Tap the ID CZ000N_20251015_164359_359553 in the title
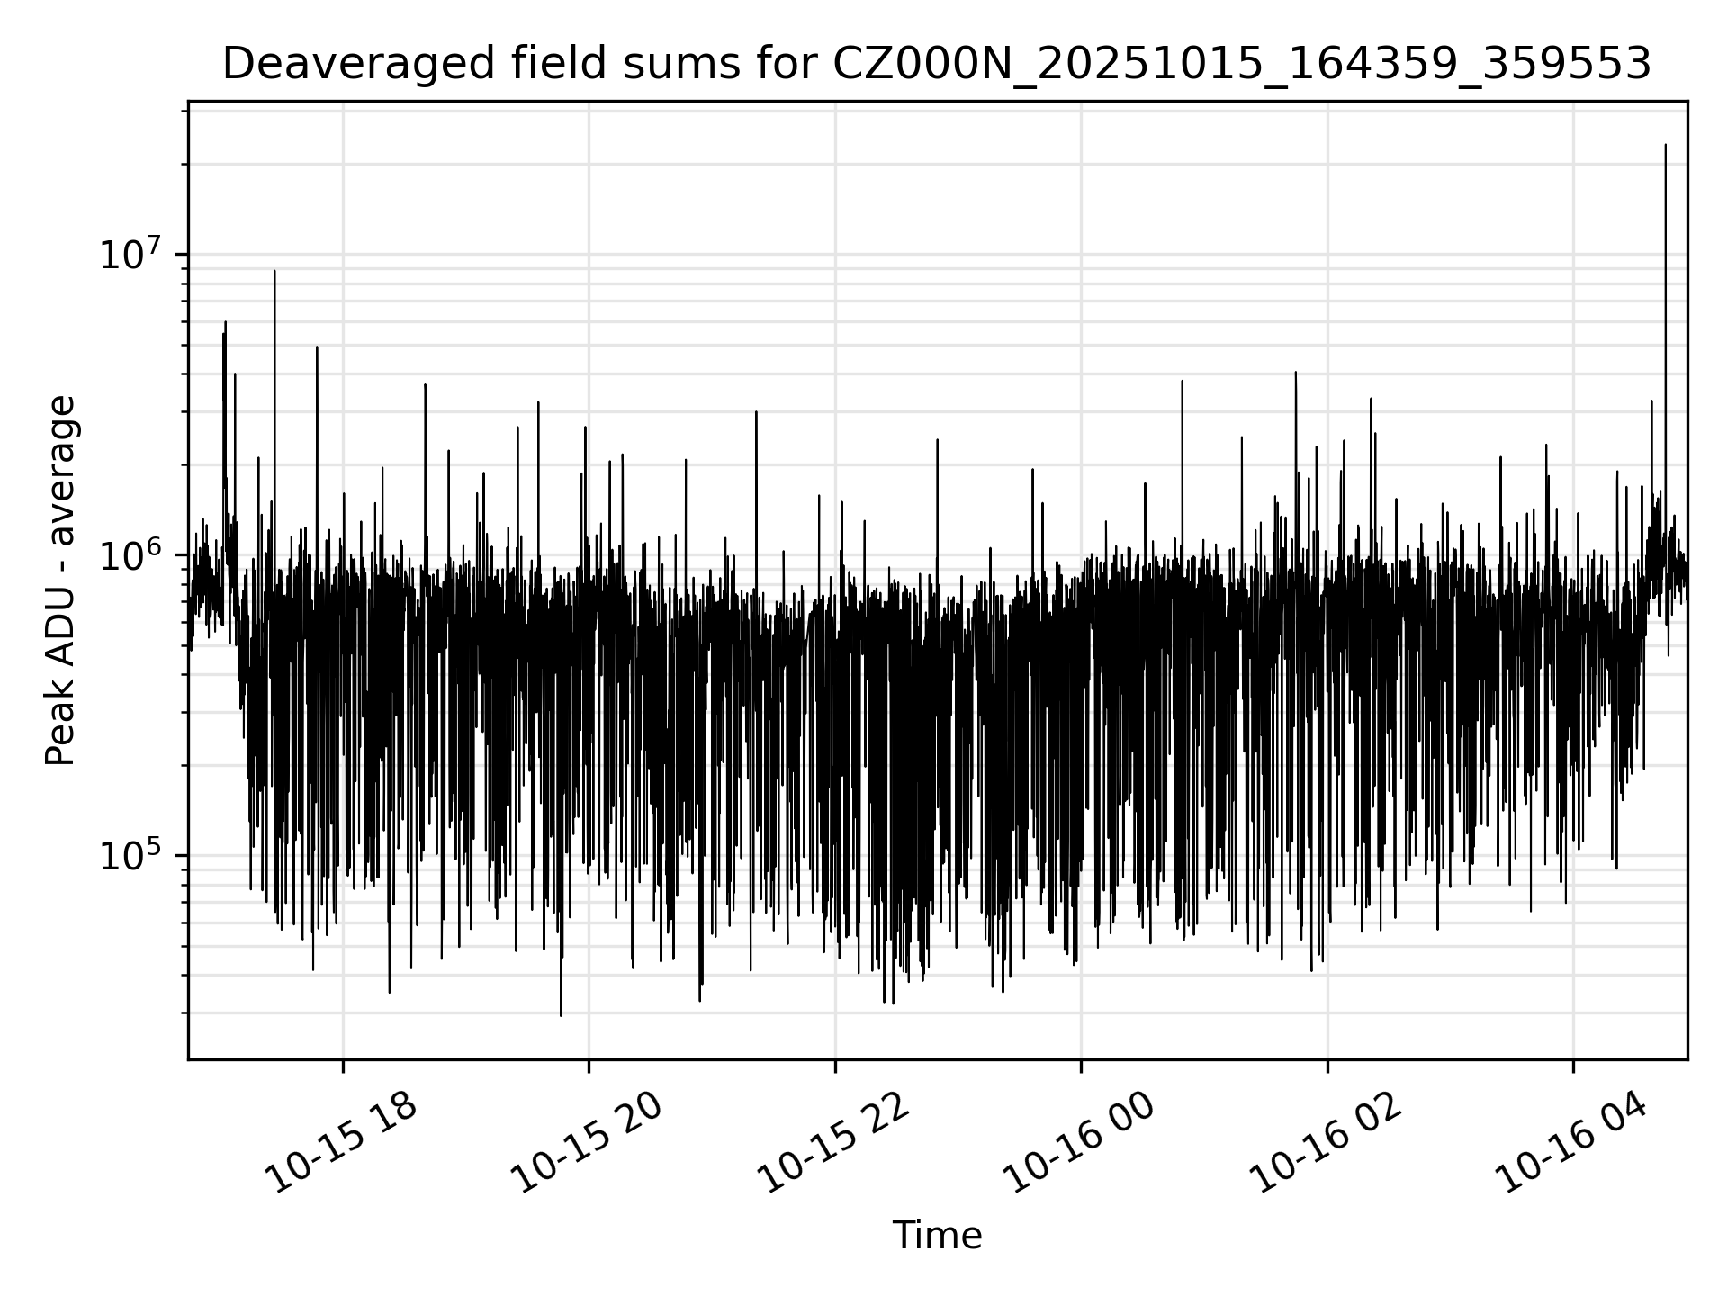pyautogui.click(x=1242, y=65)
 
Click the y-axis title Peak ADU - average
pyautogui.click(x=61, y=580)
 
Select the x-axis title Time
pyautogui.click(x=937, y=1236)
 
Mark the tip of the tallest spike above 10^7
pyautogui.click(x=1665, y=145)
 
